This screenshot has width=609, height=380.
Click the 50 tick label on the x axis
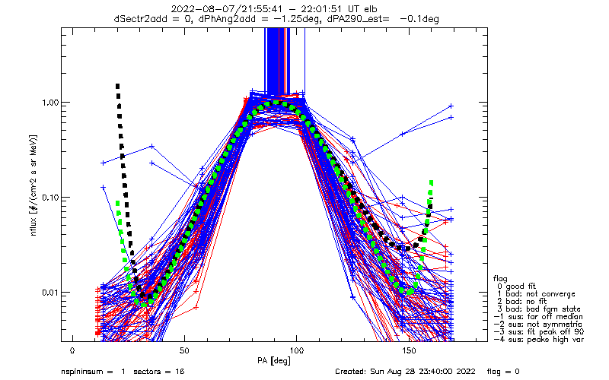click(184, 351)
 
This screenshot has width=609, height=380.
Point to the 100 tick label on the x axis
click(296, 351)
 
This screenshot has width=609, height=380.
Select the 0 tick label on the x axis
click(72, 351)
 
